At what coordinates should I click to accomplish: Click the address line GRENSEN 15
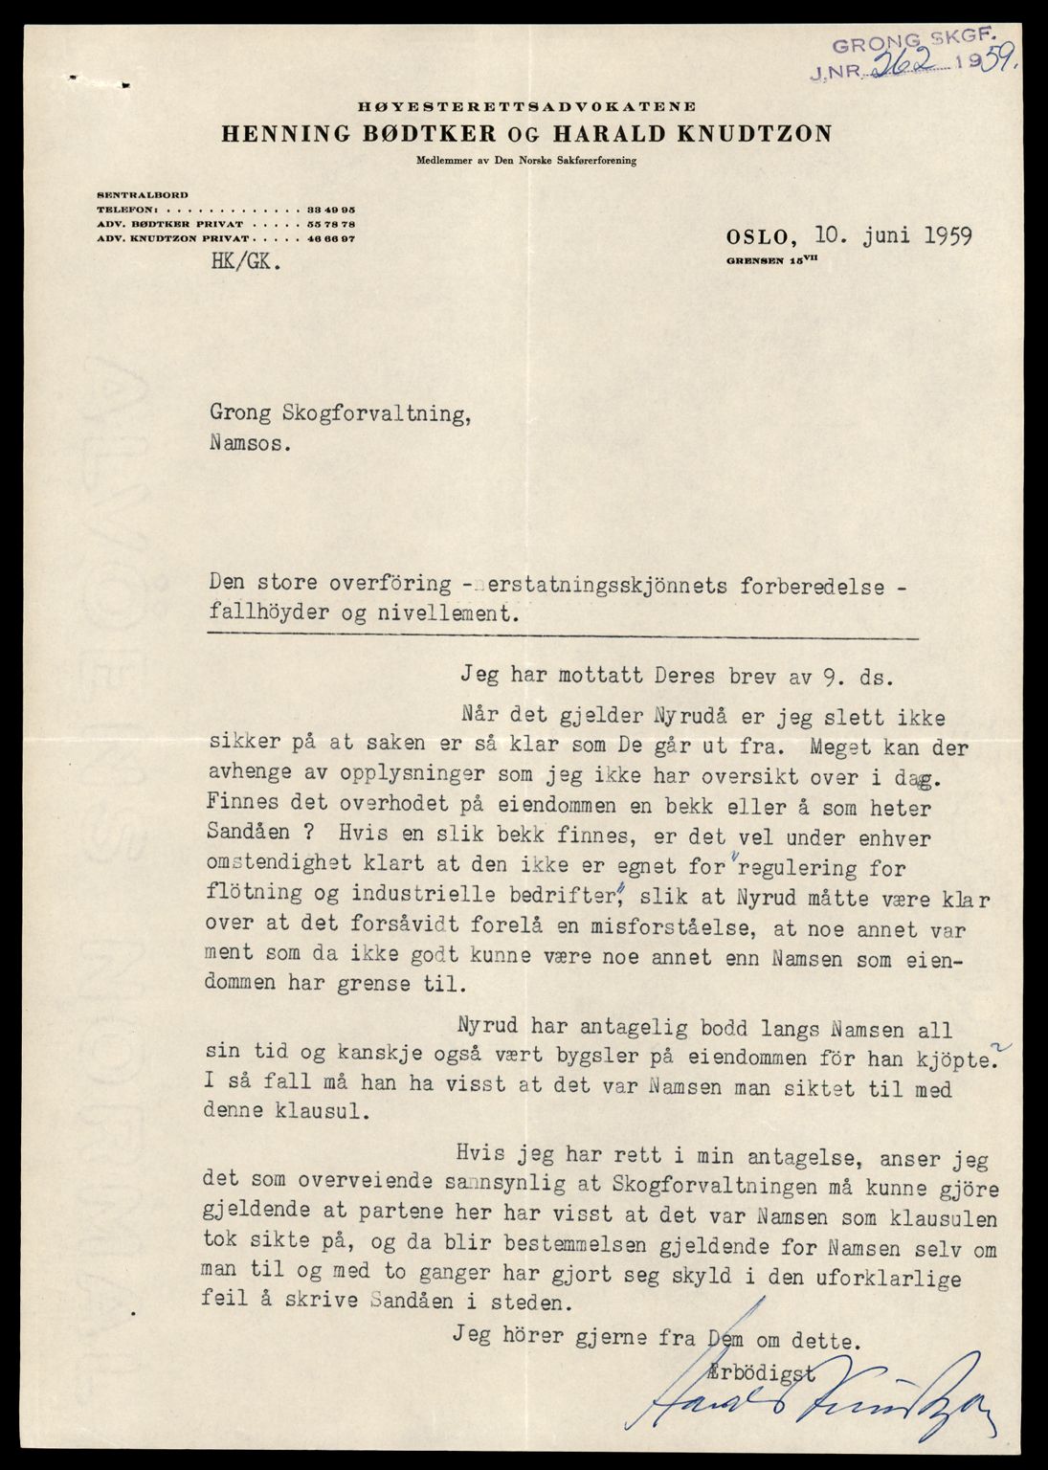[x=772, y=259]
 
